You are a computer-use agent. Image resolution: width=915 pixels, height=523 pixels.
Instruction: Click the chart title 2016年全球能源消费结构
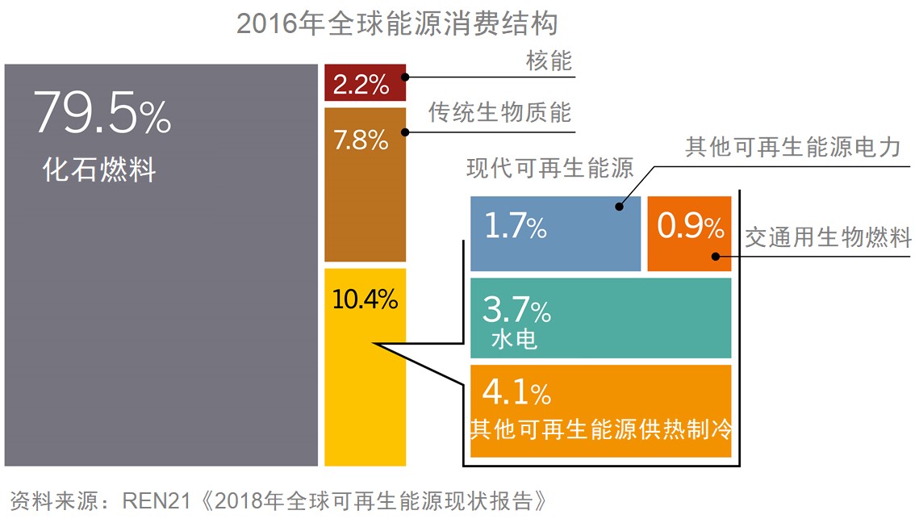pos(397,24)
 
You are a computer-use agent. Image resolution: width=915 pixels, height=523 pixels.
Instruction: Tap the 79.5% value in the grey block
pos(102,115)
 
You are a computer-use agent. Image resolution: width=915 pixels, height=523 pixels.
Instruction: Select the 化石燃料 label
pos(99,171)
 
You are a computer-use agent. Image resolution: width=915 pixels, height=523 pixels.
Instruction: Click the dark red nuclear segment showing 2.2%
pos(364,83)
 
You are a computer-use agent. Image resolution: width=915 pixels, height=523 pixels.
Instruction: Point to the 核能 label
pos(549,61)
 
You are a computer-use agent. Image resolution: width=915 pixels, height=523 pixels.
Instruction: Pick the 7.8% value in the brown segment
pos(361,141)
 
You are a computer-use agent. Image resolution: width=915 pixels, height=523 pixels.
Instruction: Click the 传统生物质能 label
pos(499,112)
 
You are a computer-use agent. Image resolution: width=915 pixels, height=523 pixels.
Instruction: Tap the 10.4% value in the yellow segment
pos(365,300)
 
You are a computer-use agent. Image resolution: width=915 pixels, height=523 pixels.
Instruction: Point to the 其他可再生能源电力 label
pos(792,148)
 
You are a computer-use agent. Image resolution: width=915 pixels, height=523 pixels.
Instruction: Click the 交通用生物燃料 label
pos(828,238)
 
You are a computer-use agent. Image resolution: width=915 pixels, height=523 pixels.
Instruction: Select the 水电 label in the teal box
pos(514,340)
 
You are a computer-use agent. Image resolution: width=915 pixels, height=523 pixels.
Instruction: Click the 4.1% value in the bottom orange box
pos(516,394)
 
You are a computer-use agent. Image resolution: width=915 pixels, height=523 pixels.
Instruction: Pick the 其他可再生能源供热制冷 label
pos(600,427)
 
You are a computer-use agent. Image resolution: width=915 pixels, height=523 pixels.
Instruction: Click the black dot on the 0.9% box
pos(715,257)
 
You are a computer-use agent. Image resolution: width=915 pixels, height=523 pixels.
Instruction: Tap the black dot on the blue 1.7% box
pos(620,207)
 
